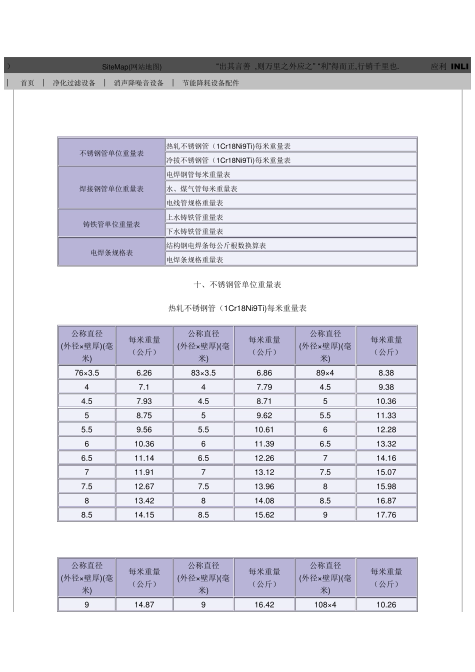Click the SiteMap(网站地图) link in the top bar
(x=131, y=66)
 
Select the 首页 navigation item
(x=27, y=83)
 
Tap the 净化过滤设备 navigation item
(x=74, y=83)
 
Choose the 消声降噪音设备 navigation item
(x=138, y=83)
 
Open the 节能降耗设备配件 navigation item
(x=210, y=83)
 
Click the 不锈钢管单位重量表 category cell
(x=111, y=153)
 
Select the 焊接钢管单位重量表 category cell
(x=111, y=189)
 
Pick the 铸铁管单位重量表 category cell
(x=111, y=224)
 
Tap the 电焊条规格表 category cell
(x=111, y=253)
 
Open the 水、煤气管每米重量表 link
(x=202, y=189)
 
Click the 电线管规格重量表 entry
(x=195, y=203)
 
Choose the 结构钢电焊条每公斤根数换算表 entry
(x=216, y=246)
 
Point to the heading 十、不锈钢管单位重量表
(x=237, y=284)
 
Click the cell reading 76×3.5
(x=87, y=373)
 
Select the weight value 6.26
(x=144, y=373)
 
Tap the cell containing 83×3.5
(x=203, y=373)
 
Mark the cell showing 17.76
(x=386, y=515)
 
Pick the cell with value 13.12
(x=264, y=472)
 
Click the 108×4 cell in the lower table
(x=325, y=605)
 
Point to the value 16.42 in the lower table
(x=264, y=605)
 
